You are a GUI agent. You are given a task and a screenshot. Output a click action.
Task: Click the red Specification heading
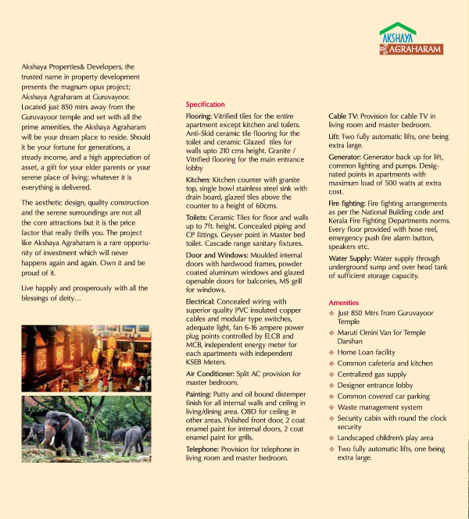(205, 105)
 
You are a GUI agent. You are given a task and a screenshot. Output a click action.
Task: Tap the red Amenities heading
(344, 302)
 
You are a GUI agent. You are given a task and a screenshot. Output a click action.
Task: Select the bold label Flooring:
(199, 116)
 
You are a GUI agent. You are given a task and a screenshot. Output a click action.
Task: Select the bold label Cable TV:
(344, 116)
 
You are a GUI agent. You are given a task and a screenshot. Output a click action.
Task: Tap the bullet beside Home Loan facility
(331, 353)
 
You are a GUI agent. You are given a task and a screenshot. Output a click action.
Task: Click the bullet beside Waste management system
(331, 407)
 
